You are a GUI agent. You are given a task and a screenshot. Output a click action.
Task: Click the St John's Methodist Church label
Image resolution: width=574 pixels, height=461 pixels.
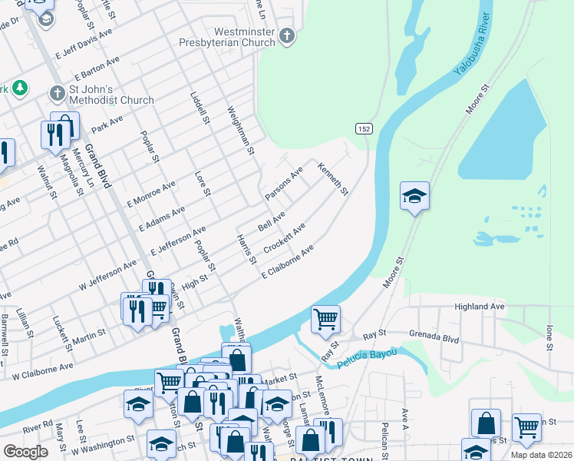[112, 95]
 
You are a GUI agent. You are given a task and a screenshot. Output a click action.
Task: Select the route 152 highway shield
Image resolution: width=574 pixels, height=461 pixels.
[364, 129]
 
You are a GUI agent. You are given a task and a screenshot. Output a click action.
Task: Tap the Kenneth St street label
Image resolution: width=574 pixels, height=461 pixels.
[334, 178]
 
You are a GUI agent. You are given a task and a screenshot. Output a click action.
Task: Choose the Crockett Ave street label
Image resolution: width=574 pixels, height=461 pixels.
[285, 238]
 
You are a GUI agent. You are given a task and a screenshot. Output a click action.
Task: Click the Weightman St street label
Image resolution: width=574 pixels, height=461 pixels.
[240, 130]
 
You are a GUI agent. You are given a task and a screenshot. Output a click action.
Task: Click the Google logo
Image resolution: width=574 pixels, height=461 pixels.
[25, 452]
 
